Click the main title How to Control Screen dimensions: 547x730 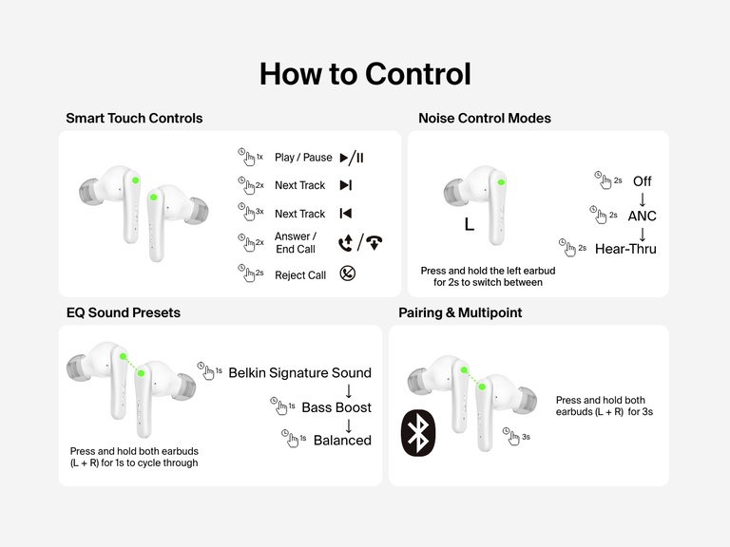[365, 73]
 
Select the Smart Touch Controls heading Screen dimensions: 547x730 [134, 119]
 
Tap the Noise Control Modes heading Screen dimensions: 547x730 [485, 119]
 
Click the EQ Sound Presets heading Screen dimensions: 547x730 [123, 312]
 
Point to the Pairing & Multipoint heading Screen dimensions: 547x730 [460, 312]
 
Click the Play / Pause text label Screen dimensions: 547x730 [303, 158]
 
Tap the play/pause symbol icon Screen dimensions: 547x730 [352, 158]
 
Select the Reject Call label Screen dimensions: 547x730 [300, 275]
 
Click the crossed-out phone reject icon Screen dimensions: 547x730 [348, 274]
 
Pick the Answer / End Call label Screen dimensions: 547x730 [296, 243]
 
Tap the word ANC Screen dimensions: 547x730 [642, 216]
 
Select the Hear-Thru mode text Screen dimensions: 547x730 [625, 249]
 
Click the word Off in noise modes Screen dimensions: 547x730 [642, 181]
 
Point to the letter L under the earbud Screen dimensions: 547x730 [469, 225]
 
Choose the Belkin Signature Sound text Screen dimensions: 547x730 [300, 372]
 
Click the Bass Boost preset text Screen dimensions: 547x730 [336, 407]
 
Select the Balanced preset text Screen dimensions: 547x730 [342, 441]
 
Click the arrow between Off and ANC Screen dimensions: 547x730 [642, 198]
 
